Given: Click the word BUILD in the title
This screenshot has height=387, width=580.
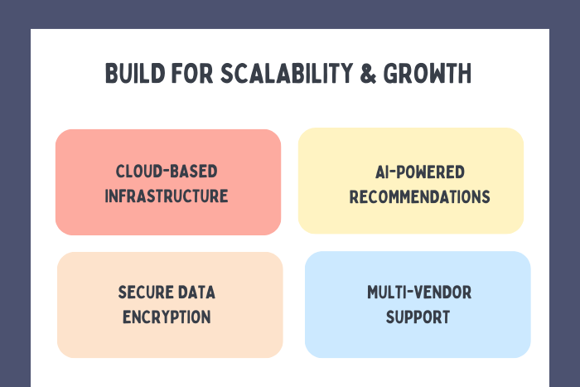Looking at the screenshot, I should (130, 74).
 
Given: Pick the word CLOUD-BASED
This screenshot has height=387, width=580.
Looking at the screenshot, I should (167, 172).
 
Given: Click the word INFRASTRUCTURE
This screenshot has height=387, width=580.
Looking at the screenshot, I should (168, 196).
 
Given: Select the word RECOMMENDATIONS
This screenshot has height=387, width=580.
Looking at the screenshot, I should (419, 197).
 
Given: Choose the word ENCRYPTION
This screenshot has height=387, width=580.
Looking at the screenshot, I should (167, 317).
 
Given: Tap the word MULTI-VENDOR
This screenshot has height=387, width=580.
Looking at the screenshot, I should (418, 293).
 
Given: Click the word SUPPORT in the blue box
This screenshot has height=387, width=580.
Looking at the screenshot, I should (418, 317).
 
